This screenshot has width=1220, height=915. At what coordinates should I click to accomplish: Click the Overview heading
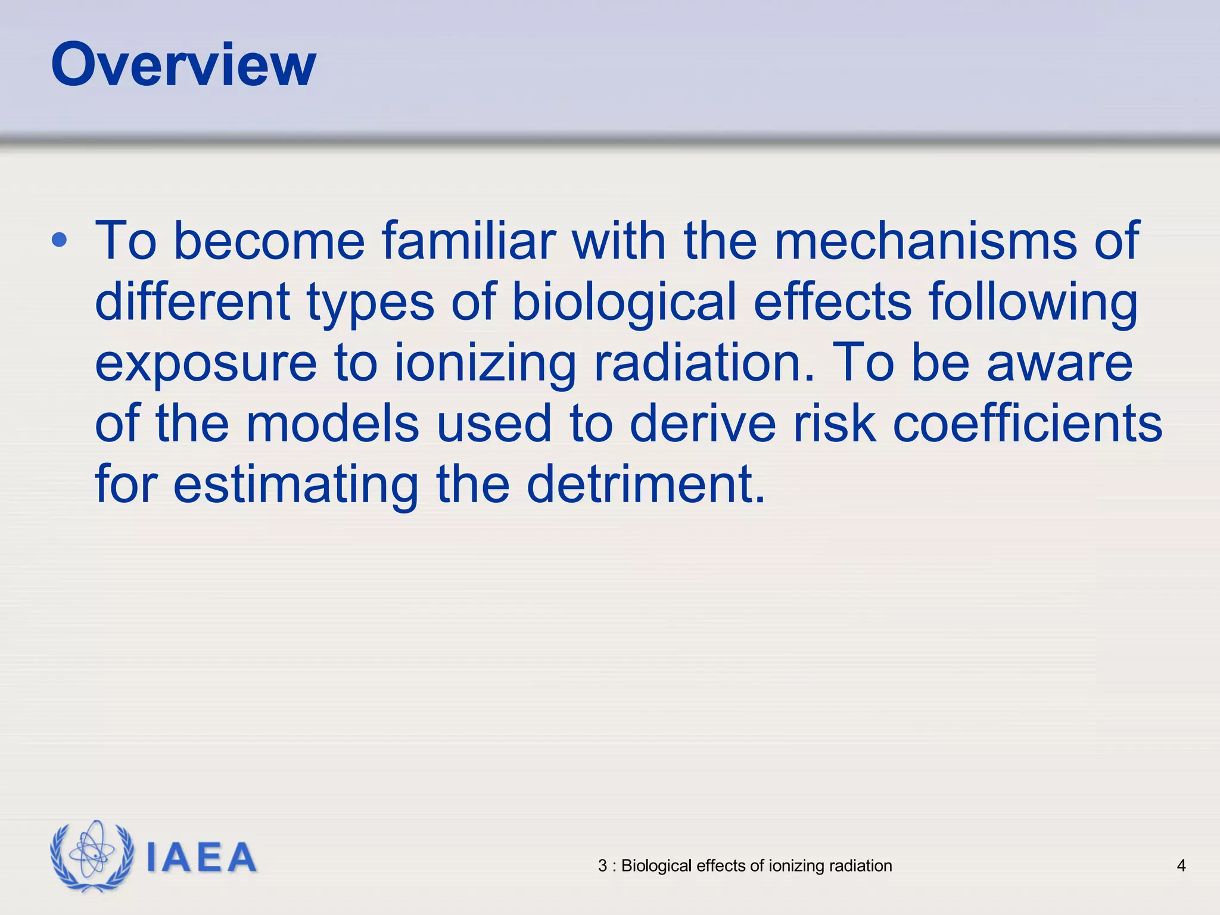tap(183, 65)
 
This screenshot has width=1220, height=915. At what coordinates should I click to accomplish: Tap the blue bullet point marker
tap(60, 241)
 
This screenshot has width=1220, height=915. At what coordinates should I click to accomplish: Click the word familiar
tap(468, 241)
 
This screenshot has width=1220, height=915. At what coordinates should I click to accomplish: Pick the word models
tap(332, 424)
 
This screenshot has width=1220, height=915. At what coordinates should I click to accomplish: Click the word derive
tap(702, 424)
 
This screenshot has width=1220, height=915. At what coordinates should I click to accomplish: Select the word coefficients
tap(1028, 424)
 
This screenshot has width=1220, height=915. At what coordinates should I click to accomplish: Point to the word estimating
tap(295, 485)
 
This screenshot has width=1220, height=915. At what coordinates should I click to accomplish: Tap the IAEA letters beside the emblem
tap(201, 858)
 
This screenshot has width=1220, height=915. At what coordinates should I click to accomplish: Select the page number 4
tap(1181, 866)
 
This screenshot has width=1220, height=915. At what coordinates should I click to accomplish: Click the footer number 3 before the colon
tap(602, 866)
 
